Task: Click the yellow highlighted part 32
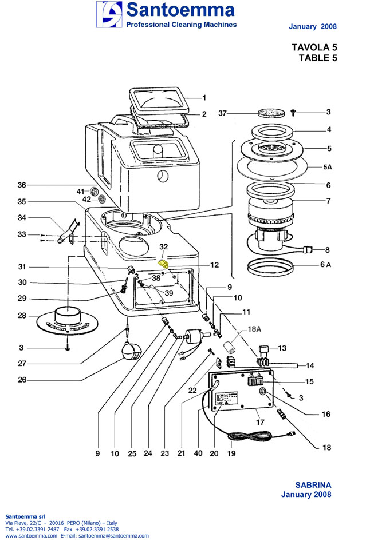pyautogui.click(x=163, y=264)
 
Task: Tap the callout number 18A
pyautogui.click(x=254, y=330)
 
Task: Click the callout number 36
pyautogui.click(x=22, y=185)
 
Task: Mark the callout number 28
pyautogui.click(x=22, y=316)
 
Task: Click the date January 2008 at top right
pyautogui.click(x=313, y=26)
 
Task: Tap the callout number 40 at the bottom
pyautogui.click(x=198, y=453)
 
